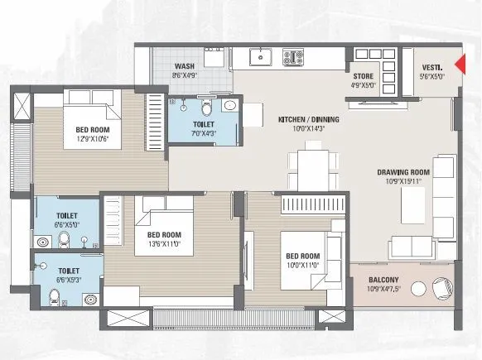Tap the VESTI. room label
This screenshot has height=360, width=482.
431,67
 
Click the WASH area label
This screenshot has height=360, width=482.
184,67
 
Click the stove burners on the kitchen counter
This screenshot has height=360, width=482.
294,58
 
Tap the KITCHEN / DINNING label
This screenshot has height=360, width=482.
306,120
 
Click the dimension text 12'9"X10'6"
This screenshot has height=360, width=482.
93,138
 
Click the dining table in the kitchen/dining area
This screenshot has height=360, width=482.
311,166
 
